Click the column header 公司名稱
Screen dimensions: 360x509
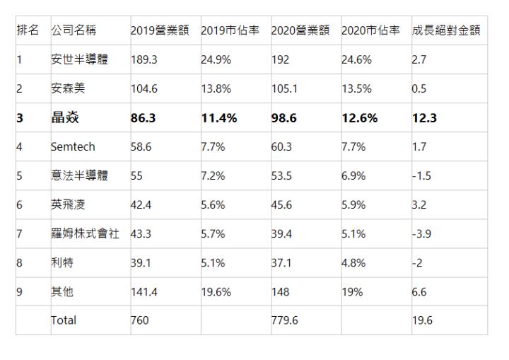74,30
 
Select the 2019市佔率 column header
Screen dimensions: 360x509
230,30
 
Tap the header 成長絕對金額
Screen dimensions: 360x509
446,30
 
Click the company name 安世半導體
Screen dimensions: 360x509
79,60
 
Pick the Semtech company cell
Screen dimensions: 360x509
73,147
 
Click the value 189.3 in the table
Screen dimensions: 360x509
144,60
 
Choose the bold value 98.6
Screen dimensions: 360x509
286,118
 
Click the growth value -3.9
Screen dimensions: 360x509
423,233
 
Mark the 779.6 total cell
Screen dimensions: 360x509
285,320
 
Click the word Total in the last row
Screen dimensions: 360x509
64,320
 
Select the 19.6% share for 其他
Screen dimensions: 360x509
215,291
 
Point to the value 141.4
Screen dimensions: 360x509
144,291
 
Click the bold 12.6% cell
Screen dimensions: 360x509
359,118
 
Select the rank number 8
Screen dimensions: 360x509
19,262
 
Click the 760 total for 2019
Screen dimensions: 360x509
140,320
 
